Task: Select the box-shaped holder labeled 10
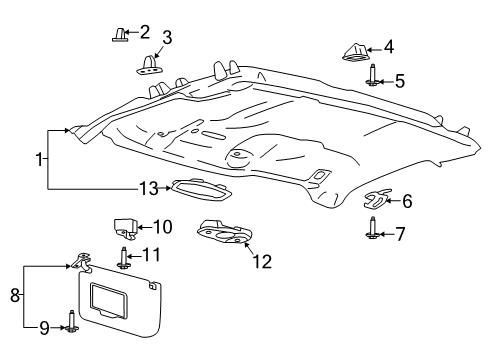pyautogui.click(x=123, y=228)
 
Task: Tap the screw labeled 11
pyautogui.click(x=124, y=257)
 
